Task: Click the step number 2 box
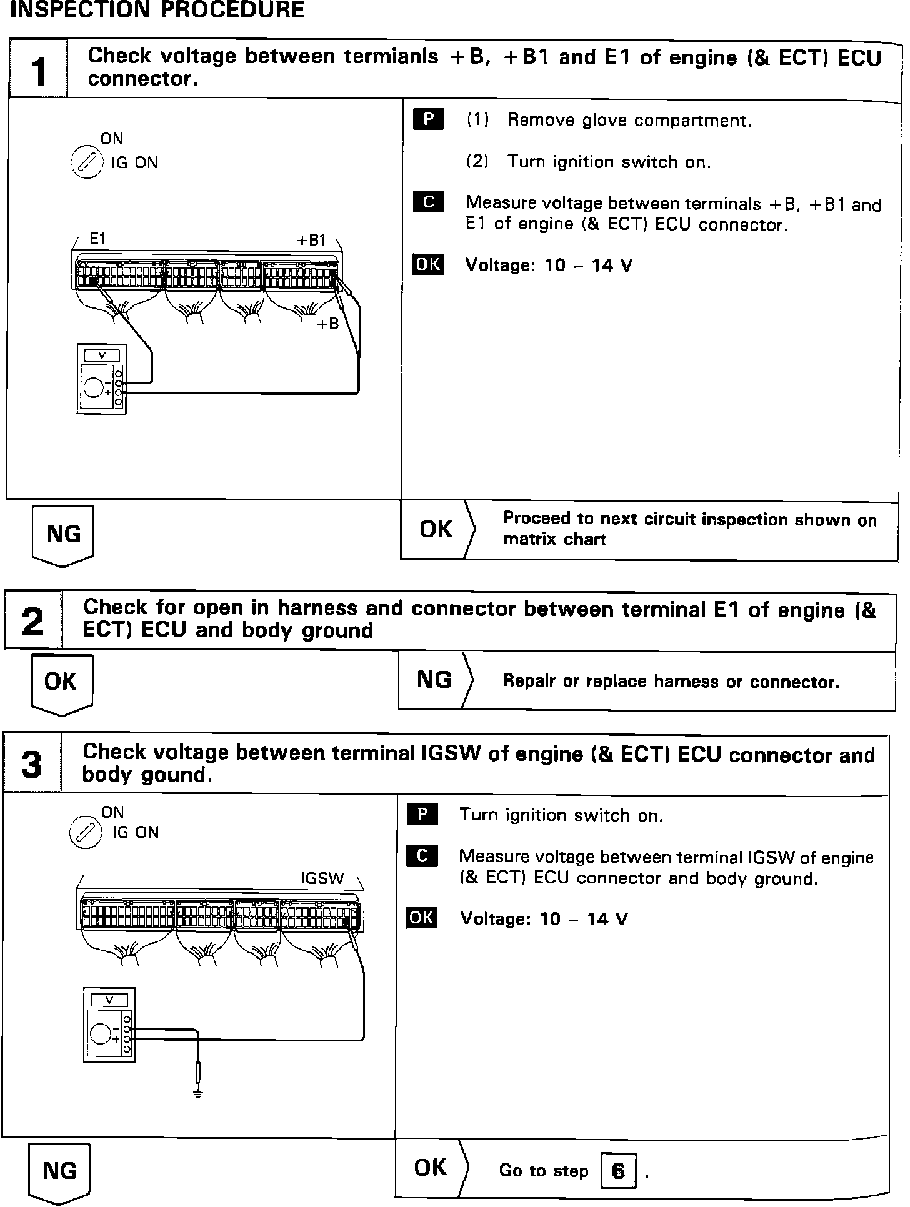32,621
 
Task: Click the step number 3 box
32,764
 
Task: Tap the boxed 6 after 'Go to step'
618,1170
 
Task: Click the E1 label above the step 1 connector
98,238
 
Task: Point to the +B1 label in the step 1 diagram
311,240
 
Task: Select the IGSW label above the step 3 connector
322,878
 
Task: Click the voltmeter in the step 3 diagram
109,1025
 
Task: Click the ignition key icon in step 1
86,163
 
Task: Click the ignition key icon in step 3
86,833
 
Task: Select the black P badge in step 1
428,119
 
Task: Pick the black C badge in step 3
422,855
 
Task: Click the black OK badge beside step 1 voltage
428,264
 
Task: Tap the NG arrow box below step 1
62,535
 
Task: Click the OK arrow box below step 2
61,683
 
